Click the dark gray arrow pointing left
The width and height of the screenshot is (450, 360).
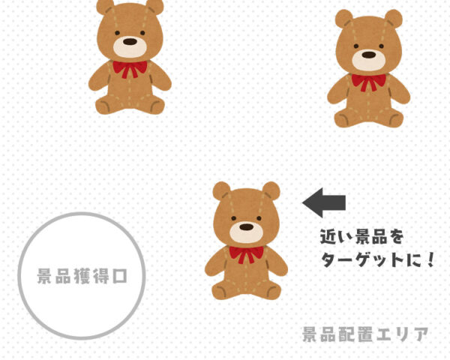(324, 202)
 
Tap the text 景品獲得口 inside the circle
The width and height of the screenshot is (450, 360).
(82, 276)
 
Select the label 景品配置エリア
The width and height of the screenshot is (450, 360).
(365, 334)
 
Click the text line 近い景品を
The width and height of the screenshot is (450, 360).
(362, 236)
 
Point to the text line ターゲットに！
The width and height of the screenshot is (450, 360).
(377, 259)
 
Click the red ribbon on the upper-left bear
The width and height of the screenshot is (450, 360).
(130, 69)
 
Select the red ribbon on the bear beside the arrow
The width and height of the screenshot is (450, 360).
(246, 254)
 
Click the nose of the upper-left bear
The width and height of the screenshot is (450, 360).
(130, 42)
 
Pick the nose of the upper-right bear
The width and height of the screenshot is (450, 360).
(369, 55)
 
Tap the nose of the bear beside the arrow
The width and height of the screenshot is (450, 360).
(246, 227)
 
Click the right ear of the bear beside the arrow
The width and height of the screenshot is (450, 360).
(271, 190)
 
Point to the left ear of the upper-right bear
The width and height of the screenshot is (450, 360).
(344, 18)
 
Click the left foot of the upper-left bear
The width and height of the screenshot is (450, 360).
(104, 106)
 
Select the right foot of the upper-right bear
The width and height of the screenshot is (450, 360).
(394, 119)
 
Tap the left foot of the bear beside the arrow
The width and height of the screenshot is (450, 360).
(220, 292)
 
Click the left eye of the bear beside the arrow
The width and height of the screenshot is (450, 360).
(233, 218)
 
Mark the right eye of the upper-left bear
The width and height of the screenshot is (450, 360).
(142, 33)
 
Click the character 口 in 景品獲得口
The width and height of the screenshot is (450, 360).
(120, 277)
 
